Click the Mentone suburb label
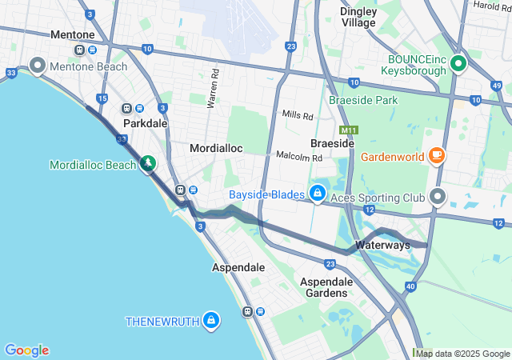pyautogui.click(x=72, y=35)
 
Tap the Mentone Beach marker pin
pyautogui.click(x=38, y=65)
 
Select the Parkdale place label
pyautogui.click(x=146, y=124)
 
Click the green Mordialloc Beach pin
pyautogui.click(x=148, y=164)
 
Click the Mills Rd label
pyautogui.click(x=298, y=115)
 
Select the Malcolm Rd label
pyautogui.click(x=298, y=157)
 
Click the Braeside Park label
pyautogui.click(x=363, y=101)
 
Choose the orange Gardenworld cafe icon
pyautogui.click(x=437, y=154)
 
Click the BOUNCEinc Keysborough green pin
pyautogui.click(x=458, y=62)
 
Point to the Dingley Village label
pyautogui.click(x=358, y=17)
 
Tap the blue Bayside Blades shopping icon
pyautogui.click(x=318, y=193)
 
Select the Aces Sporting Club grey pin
pyautogui.click(x=438, y=195)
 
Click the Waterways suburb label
pyautogui.click(x=382, y=245)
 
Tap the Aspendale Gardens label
pyautogui.click(x=326, y=287)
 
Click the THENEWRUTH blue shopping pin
pyautogui.click(x=210, y=320)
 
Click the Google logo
pyautogui.click(x=26, y=350)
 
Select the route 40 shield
pyautogui.click(x=410, y=286)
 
